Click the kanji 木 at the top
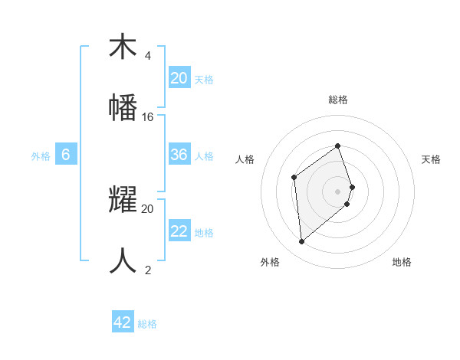click(x=123, y=47)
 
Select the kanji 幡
click(x=123, y=108)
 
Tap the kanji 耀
click(x=123, y=199)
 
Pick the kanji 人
click(x=123, y=260)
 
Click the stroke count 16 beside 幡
click(x=148, y=117)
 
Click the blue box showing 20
click(x=179, y=78)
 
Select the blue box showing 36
click(x=179, y=155)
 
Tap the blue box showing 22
click(x=179, y=231)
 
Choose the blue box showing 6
click(x=66, y=155)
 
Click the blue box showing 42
click(x=123, y=322)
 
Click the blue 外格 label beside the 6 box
click(x=41, y=155)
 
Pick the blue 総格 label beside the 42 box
click(x=147, y=324)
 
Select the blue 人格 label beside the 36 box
click(x=204, y=155)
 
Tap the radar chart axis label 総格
click(x=338, y=100)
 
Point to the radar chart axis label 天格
click(x=431, y=159)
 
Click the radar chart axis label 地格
click(x=402, y=262)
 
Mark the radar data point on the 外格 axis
click(x=302, y=242)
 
